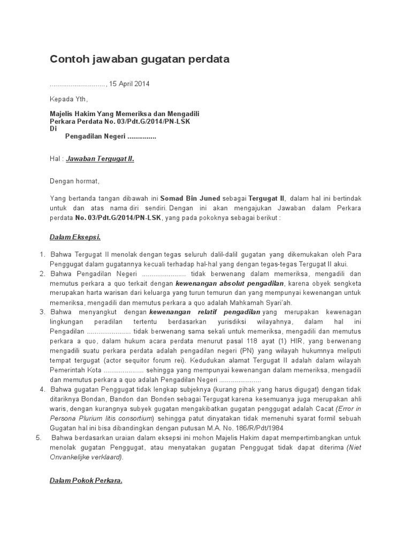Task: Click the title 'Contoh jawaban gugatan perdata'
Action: coord(140,59)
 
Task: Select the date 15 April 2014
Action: coord(130,84)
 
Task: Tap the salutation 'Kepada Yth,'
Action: coord(68,99)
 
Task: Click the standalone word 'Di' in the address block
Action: coord(53,129)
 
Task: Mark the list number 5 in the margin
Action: coord(39,437)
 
